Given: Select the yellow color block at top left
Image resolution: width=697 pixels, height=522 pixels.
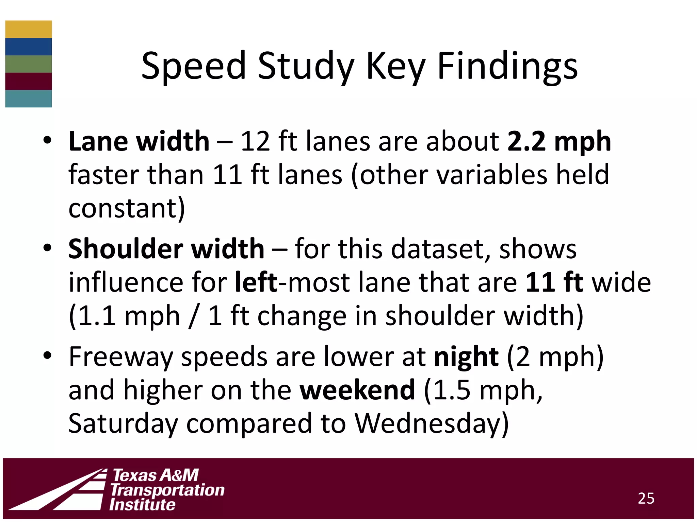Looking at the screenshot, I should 29,29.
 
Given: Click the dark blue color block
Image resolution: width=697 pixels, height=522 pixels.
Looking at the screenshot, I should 29,47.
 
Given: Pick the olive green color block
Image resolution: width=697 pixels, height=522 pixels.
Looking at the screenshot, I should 29,64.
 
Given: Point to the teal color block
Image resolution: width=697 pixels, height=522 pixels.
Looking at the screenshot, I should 29,99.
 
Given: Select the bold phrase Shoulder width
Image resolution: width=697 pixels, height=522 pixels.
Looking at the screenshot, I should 166,249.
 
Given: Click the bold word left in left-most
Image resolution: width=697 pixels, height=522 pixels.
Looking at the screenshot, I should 256,282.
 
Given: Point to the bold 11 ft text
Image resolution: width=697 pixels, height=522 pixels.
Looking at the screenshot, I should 554,282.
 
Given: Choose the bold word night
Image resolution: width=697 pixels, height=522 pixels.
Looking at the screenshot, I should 466,356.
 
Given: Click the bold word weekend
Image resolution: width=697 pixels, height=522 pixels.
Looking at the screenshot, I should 357,390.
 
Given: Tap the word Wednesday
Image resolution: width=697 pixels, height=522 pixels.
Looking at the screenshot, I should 432,423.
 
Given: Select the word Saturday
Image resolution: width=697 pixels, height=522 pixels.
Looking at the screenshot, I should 123,423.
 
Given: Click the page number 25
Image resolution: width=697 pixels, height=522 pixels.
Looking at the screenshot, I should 646,498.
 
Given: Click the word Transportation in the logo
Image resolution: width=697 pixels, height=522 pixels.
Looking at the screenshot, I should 167,490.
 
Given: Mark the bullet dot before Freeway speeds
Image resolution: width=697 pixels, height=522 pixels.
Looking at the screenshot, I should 47,355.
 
